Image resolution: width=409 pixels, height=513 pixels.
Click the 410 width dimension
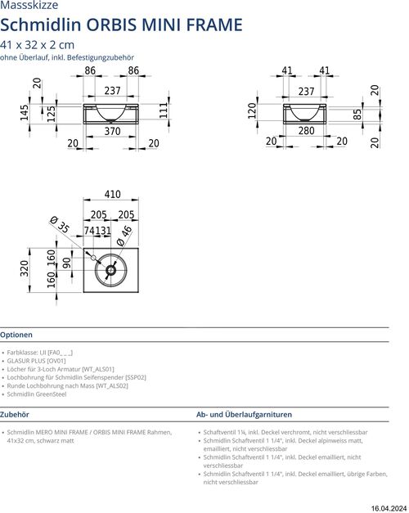coord(113,194)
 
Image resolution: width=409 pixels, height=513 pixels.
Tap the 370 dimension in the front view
coord(112,131)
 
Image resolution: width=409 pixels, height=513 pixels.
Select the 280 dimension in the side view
coord(306,131)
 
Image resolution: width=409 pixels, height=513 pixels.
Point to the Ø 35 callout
coord(59,224)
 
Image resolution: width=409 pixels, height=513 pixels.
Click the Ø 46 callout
coord(124,236)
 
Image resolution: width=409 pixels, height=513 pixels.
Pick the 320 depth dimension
coord(25,268)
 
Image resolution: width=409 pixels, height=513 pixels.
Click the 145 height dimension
coord(25,113)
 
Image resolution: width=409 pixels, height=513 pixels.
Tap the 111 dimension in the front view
coord(164,110)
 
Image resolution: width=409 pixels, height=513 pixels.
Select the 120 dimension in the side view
coord(252,110)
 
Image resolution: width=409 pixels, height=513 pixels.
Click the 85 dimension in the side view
coord(357,115)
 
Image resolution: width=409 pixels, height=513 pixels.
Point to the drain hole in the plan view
coord(110,270)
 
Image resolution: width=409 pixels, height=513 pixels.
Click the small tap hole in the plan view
coord(93,258)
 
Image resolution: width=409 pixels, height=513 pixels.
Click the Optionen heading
coord(16,335)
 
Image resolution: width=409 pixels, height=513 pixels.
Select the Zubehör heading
coord(15,415)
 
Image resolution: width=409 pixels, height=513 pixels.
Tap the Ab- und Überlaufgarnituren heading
coord(244,415)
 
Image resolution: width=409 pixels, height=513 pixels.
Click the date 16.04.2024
coord(389,508)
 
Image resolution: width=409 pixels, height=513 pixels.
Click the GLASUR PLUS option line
coord(36,361)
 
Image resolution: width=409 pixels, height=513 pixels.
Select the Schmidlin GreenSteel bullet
coord(37,394)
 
